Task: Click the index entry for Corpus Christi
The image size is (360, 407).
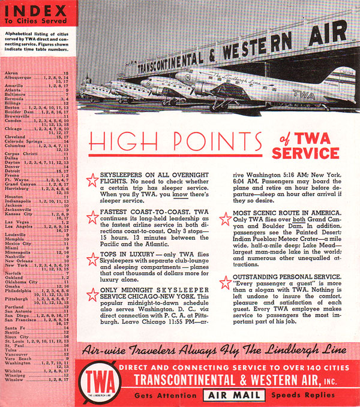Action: (21, 153)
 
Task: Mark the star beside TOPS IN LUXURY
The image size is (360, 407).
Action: (93, 259)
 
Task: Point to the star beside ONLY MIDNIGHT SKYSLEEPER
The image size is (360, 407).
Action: (93, 294)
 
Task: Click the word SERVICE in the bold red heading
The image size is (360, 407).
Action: (305, 154)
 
